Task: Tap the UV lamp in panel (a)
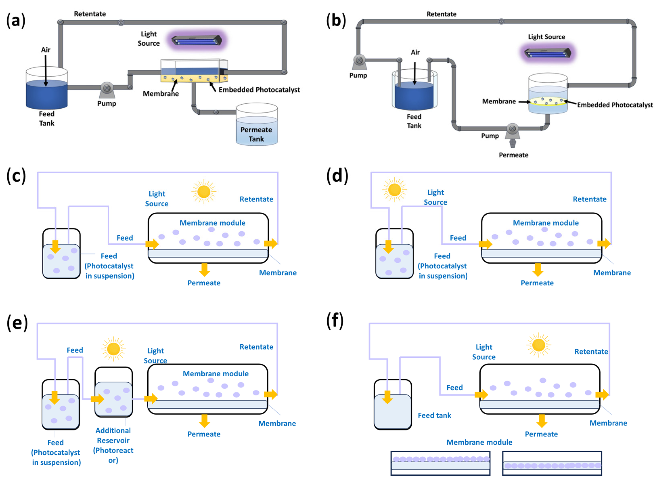(x=197, y=40)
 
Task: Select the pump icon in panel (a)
(x=107, y=89)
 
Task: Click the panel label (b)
(x=336, y=21)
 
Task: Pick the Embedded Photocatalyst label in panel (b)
(x=615, y=105)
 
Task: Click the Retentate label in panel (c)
(x=256, y=199)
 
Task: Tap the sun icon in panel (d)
(x=394, y=190)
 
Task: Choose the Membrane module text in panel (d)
(x=545, y=223)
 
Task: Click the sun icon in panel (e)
(x=113, y=349)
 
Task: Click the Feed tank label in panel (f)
(x=434, y=415)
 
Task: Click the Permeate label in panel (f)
(x=541, y=434)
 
